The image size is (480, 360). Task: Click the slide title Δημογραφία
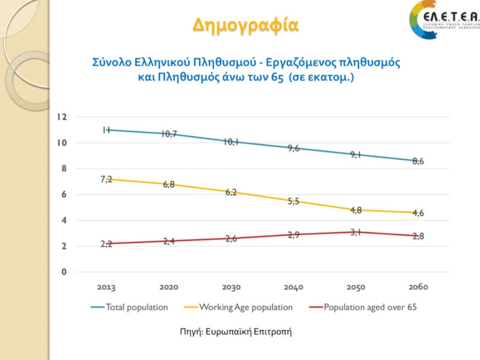tap(246, 24)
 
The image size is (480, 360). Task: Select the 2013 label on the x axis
tap(107, 287)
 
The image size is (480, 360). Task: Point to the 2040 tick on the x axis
tap(294, 287)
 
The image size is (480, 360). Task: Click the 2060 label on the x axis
tap(418, 287)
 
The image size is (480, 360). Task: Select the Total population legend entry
tap(136, 307)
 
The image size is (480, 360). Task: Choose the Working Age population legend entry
tap(246, 307)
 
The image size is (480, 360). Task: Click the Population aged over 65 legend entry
tap(370, 307)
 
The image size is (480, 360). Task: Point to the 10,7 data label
tap(169, 134)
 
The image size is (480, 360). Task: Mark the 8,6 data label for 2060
tap(418, 161)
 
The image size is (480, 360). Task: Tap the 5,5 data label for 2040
tap(294, 201)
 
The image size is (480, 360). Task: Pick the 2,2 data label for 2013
tap(107, 244)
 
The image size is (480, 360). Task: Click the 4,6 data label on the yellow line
tap(418, 213)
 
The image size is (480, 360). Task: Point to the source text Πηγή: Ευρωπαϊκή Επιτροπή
tap(236, 332)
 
